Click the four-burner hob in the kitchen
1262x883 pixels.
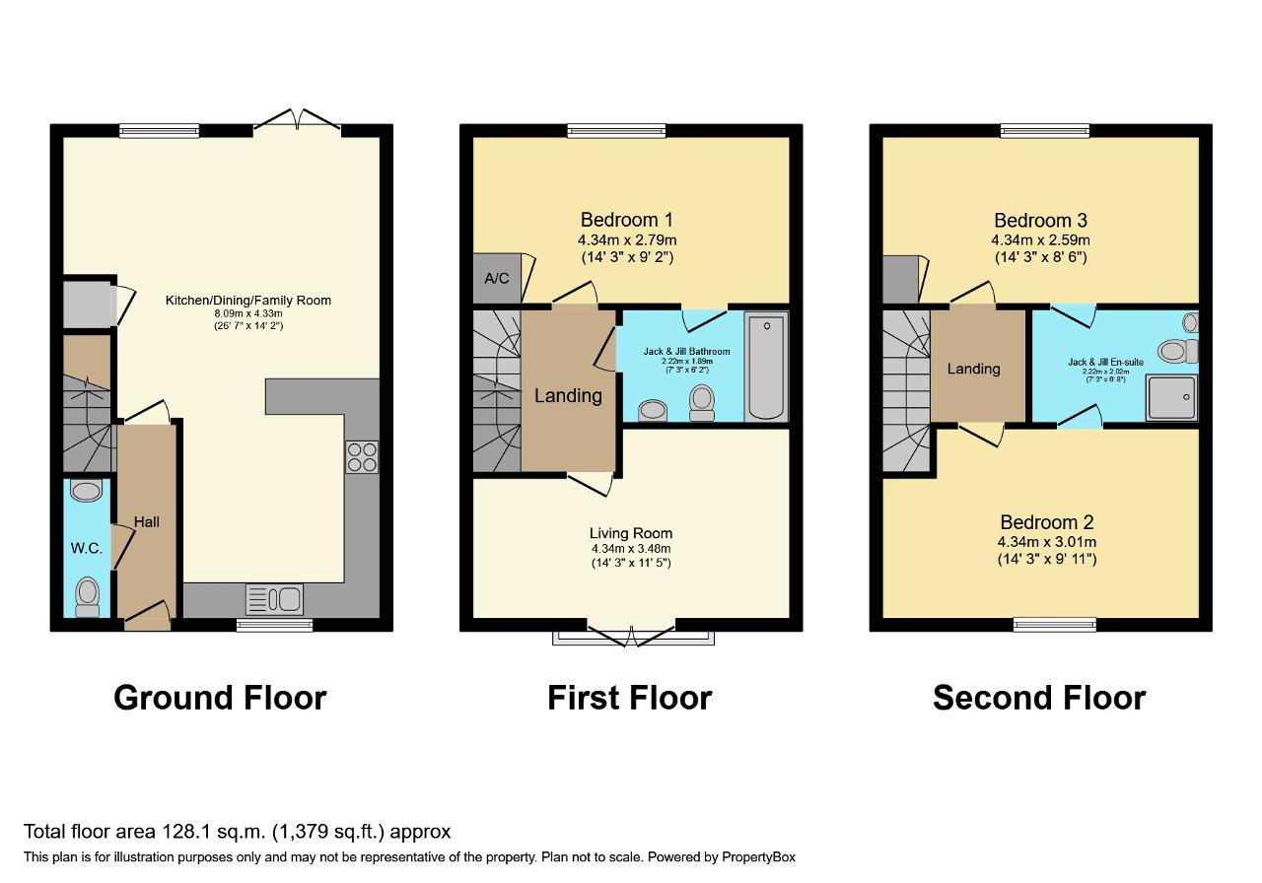(362, 457)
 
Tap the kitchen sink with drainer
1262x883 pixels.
(274, 600)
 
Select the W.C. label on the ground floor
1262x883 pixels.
(87, 549)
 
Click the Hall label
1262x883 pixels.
(147, 522)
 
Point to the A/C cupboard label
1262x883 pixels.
(496, 278)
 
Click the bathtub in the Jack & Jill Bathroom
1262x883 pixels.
(766, 367)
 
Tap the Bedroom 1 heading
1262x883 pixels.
(627, 220)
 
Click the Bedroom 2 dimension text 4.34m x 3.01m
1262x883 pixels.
(1047, 542)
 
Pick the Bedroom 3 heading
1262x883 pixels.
(1040, 220)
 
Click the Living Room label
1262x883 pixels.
(631, 533)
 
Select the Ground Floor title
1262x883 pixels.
(220, 699)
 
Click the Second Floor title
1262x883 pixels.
(1039, 699)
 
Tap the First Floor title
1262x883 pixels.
(630, 699)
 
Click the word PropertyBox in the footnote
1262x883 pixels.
(758, 857)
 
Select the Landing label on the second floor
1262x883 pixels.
(973, 369)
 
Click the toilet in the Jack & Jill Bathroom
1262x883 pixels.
(702, 403)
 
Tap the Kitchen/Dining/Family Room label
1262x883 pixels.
(248, 301)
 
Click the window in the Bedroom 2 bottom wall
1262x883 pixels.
(1055, 625)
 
